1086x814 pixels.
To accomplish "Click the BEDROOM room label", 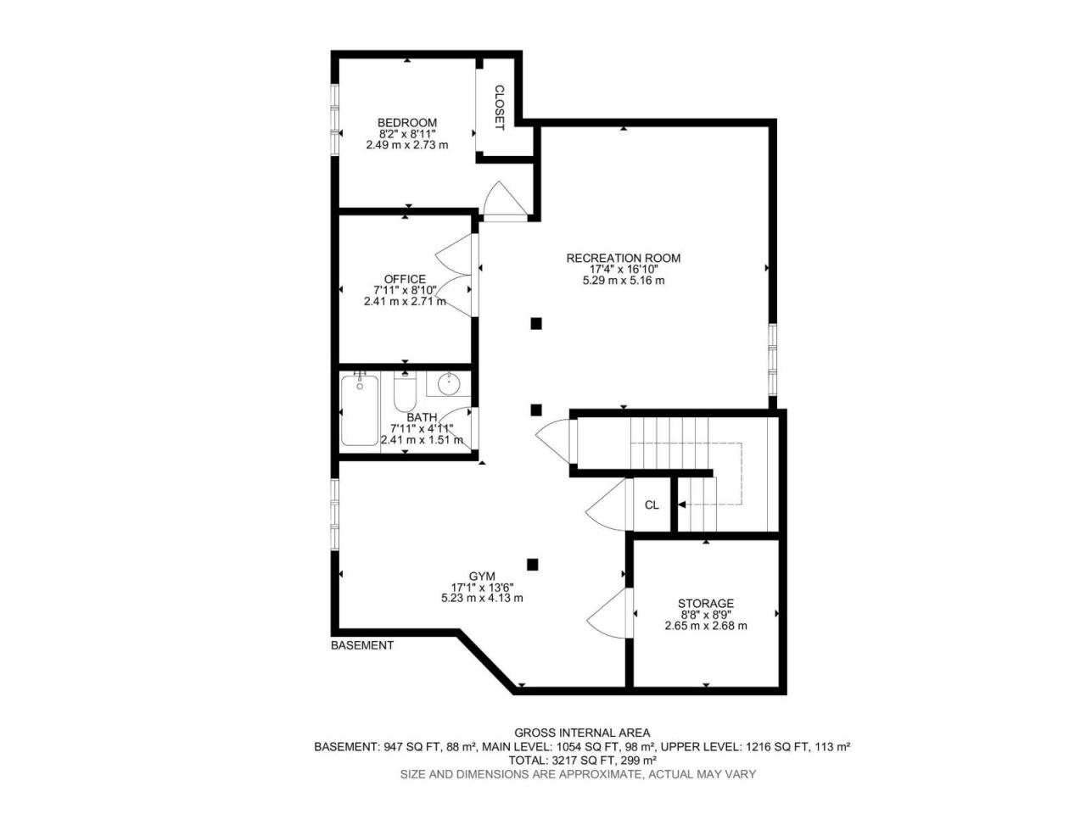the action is (x=407, y=123).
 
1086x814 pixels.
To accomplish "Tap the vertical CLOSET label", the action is (x=499, y=108).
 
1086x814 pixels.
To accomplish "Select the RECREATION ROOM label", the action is (x=624, y=258).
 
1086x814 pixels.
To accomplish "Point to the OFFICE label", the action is (x=405, y=279).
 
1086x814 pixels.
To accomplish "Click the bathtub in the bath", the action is (x=360, y=410).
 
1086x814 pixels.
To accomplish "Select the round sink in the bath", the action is (x=449, y=384).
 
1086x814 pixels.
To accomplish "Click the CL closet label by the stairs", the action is (x=652, y=505).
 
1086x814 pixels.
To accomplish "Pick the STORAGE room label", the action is (x=706, y=604).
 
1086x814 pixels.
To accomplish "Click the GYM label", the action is (x=482, y=577).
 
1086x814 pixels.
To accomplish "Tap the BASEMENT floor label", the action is (x=362, y=645).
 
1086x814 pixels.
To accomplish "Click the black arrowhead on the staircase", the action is (x=681, y=505).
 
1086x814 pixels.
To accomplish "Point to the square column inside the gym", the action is (x=532, y=565).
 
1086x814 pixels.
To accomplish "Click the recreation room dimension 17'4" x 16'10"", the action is (x=624, y=270).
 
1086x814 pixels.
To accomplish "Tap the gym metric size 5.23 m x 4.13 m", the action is (x=482, y=598).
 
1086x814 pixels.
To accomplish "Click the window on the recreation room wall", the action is (x=772, y=360).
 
